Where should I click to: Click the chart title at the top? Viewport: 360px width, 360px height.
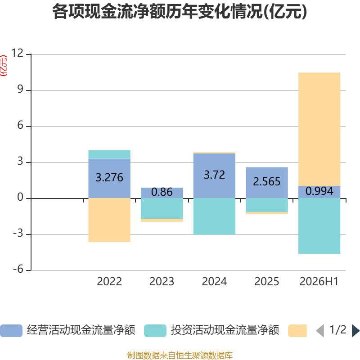[180, 12]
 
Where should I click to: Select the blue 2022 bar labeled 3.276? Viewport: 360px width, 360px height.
[109, 178]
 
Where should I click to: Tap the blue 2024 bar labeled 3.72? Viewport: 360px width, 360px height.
[214, 175]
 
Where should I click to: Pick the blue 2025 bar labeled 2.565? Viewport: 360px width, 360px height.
[267, 183]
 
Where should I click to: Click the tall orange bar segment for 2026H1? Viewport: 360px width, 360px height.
[319, 129]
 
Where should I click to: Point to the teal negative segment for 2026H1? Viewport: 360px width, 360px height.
[319, 226]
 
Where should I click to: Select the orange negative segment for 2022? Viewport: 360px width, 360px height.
[109, 220]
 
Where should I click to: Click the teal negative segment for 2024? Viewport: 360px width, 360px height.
[214, 216]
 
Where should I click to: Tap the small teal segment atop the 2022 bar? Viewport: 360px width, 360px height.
[109, 154]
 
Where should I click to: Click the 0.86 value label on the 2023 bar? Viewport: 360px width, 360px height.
[162, 192]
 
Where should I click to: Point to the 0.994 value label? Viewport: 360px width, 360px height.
[319, 191]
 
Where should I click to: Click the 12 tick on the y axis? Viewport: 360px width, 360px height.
[18, 53]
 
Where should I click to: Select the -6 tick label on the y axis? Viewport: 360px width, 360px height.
[18, 269]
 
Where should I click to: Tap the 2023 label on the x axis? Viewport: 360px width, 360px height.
[162, 282]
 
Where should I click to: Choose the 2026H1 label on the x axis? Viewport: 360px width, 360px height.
[319, 282]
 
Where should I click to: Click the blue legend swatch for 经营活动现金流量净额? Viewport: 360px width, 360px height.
[11, 331]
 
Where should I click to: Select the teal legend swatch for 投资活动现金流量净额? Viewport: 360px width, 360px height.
[155, 331]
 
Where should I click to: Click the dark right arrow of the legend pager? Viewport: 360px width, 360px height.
[355, 331]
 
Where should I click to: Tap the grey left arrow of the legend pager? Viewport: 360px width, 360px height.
[320, 331]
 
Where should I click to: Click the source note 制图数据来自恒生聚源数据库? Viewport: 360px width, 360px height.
[180, 355]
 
